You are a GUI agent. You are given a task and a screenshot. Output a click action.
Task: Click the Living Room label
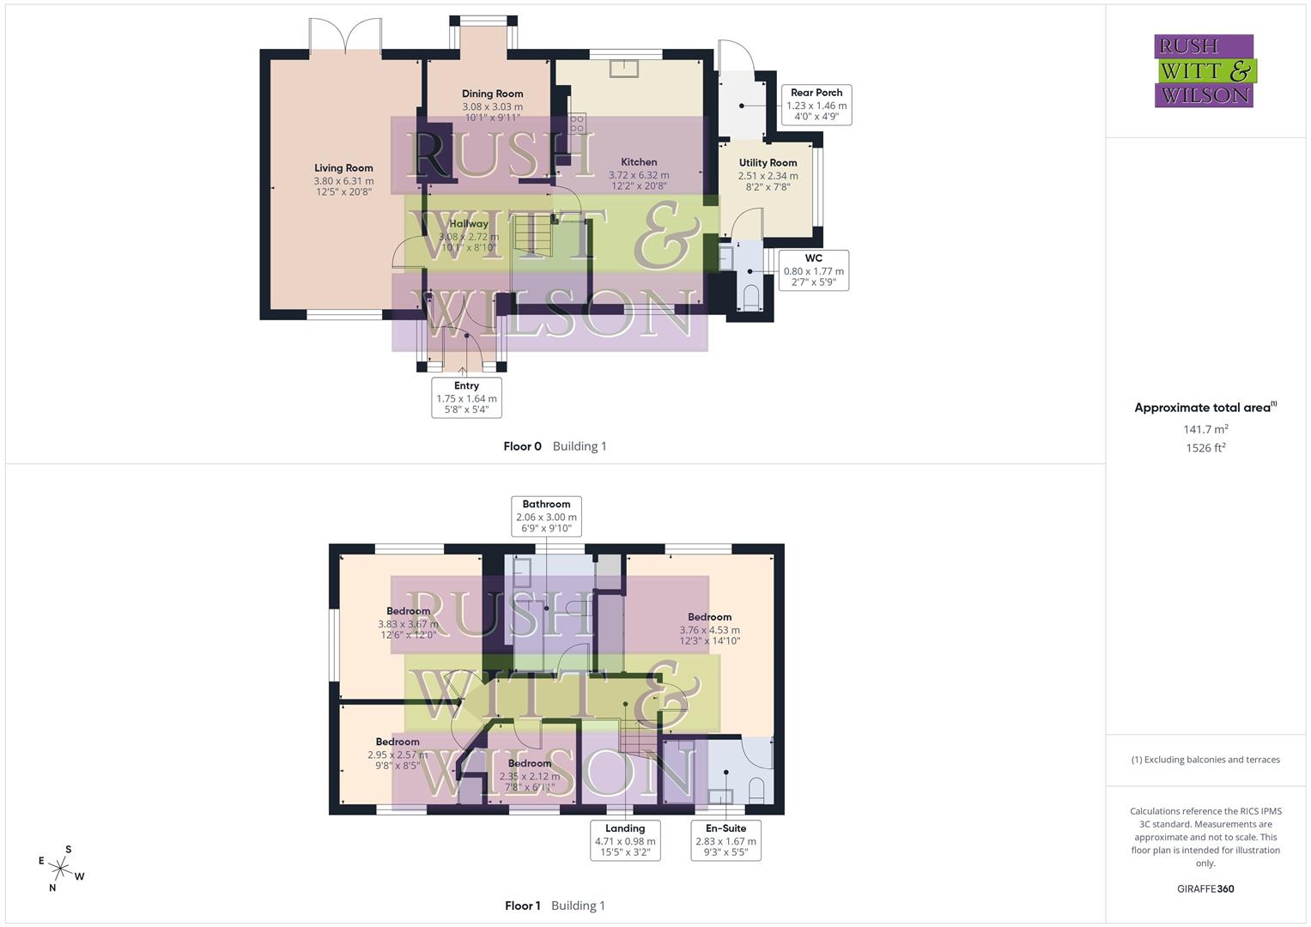[343, 168]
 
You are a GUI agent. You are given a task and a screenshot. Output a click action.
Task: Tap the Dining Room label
[492, 94]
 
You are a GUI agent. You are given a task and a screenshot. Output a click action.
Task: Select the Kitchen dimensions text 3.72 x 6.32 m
[639, 175]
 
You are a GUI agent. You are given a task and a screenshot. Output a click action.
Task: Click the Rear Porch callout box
[816, 105]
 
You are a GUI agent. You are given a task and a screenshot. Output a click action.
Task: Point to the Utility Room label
[768, 163]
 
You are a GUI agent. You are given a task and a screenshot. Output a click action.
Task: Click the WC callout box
[813, 270]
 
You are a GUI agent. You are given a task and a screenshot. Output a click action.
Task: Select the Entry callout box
[466, 397]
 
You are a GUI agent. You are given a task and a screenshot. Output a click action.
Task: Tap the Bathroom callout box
[546, 517]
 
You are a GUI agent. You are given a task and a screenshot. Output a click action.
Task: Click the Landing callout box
[624, 840]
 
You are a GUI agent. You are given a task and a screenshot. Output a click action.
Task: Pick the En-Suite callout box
[725, 840]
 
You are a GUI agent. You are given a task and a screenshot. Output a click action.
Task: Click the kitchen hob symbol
[577, 124]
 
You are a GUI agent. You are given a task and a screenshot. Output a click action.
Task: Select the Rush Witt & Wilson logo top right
[1204, 71]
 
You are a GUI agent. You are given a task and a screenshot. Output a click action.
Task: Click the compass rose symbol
[61, 868]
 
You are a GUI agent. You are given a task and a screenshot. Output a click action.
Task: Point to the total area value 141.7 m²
[1205, 429]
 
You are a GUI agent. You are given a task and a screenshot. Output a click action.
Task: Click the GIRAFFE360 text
[1205, 888]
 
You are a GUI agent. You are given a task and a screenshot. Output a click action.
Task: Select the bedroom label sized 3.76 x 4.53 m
[709, 617]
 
